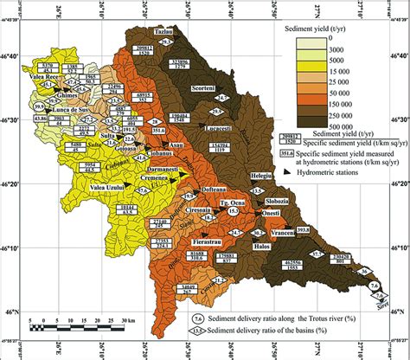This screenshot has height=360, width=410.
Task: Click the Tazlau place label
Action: pos(164,30)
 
